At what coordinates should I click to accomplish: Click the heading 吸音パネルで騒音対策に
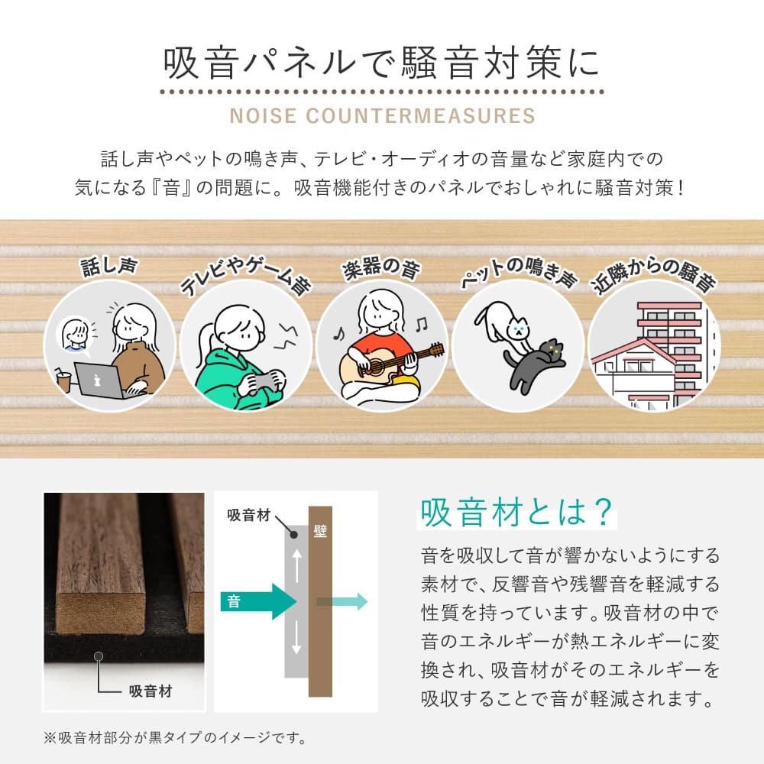(x=382, y=65)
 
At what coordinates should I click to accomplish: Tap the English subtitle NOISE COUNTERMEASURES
(x=382, y=116)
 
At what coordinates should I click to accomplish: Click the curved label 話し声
(x=108, y=267)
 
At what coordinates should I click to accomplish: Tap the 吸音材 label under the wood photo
(x=150, y=692)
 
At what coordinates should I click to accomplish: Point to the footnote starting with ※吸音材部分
(x=175, y=738)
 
